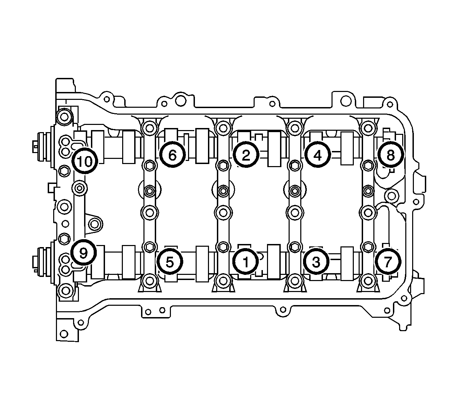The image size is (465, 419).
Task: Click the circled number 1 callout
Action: pyautogui.click(x=245, y=261)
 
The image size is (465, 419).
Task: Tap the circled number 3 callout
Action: pyautogui.click(x=316, y=261)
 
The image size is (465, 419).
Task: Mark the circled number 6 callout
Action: pyautogui.click(x=173, y=154)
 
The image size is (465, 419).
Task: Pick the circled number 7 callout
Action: pyautogui.click(x=388, y=261)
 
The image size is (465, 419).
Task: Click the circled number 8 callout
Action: pyautogui.click(x=391, y=154)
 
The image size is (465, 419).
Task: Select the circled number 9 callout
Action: pyautogui.click(x=83, y=253)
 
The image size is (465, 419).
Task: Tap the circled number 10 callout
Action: pyautogui.click(x=85, y=161)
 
